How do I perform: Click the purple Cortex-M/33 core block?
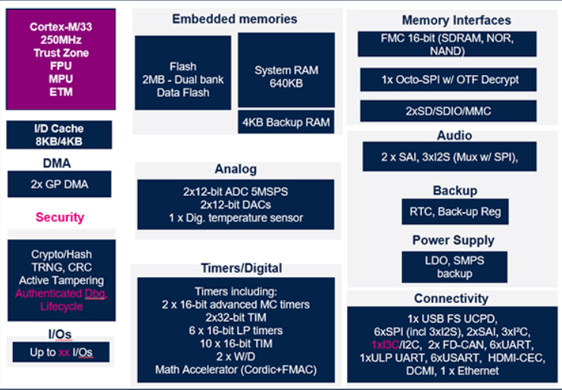(60, 58)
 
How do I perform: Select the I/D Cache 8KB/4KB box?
(59, 135)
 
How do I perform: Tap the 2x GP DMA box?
(59, 184)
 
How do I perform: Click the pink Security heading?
(60, 217)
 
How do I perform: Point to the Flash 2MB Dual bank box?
(183, 73)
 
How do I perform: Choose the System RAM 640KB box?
(286, 76)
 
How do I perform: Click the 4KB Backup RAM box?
(286, 122)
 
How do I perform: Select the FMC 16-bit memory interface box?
(448, 44)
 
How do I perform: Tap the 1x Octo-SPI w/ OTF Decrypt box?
(449, 79)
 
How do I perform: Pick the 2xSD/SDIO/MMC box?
(448, 111)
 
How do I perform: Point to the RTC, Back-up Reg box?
(454, 211)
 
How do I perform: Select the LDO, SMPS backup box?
(454, 267)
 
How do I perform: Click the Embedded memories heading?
(234, 19)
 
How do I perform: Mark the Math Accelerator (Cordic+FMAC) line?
(235, 370)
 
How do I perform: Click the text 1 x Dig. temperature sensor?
(235, 217)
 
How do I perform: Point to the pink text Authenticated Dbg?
(61, 293)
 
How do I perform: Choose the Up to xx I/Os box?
(59, 352)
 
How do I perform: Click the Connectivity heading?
(451, 298)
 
